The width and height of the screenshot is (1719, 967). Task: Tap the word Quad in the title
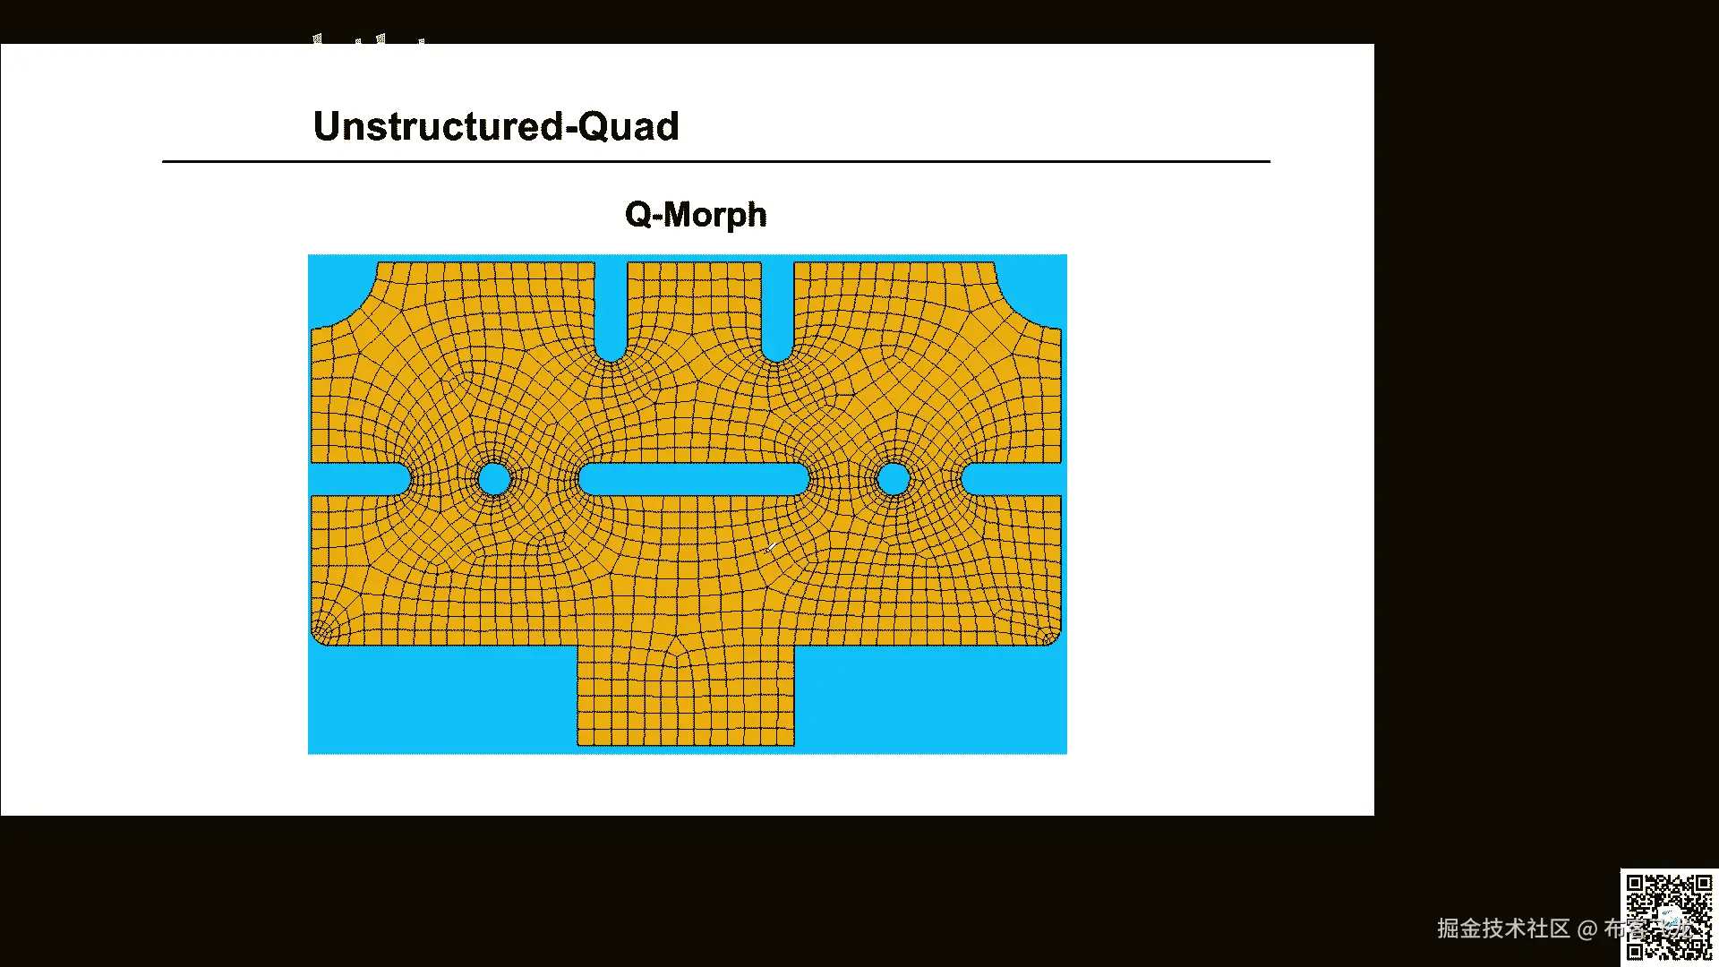[629, 126]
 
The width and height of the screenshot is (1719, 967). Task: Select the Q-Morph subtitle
[696, 215]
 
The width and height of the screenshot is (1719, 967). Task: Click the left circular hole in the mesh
[493, 479]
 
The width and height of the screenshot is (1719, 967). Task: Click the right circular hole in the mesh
[893, 479]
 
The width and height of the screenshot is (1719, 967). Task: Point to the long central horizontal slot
[694, 479]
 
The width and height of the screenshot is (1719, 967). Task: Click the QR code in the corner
[1669, 916]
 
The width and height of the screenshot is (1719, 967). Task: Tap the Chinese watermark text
[1522, 928]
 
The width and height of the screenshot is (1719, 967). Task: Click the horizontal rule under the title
[716, 161]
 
